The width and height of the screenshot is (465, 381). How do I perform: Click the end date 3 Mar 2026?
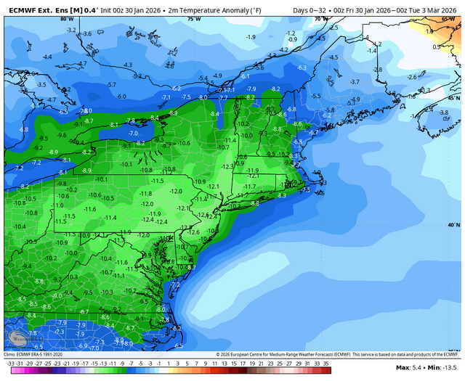(x=437, y=9)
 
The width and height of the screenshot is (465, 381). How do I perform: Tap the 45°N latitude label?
(x=453, y=97)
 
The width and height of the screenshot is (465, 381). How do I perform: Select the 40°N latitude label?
(x=453, y=225)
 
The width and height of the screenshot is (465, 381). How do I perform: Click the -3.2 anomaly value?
(x=71, y=30)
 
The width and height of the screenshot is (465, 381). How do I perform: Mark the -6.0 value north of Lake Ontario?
(x=121, y=96)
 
